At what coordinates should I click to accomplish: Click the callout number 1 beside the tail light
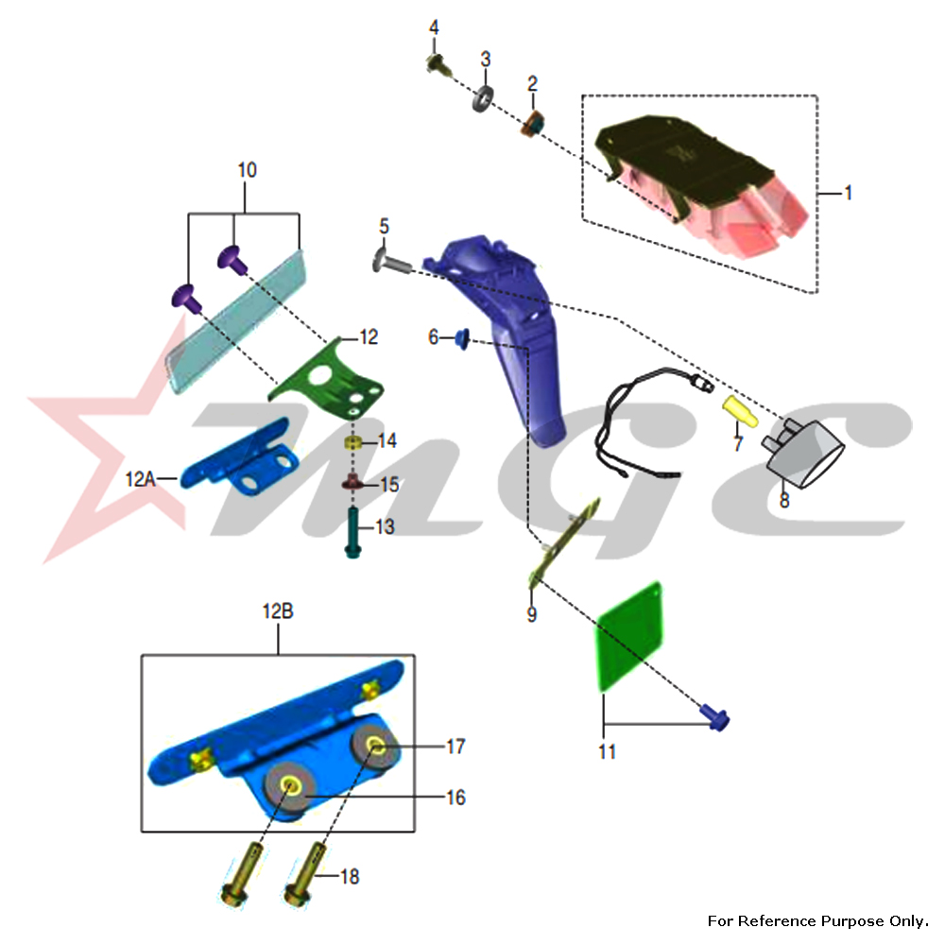[x=849, y=193]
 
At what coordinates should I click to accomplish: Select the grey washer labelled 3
[x=483, y=98]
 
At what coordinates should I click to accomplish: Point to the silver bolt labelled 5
[x=391, y=261]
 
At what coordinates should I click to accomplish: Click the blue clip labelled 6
[x=462, y=338]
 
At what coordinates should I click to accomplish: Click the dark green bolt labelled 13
[x=352, y=532]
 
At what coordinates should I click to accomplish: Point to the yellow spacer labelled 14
[x=352, y=443]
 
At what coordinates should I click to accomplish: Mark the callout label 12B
[x=278, y=611]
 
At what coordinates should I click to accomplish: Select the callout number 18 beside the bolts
[x=350, y=876]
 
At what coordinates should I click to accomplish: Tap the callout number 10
[x=247, y=170]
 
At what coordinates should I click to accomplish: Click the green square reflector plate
[x=629, y=636]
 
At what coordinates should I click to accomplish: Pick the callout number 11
[x=607, y=751]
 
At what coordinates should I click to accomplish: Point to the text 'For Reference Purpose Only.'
[x=817, y=920]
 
